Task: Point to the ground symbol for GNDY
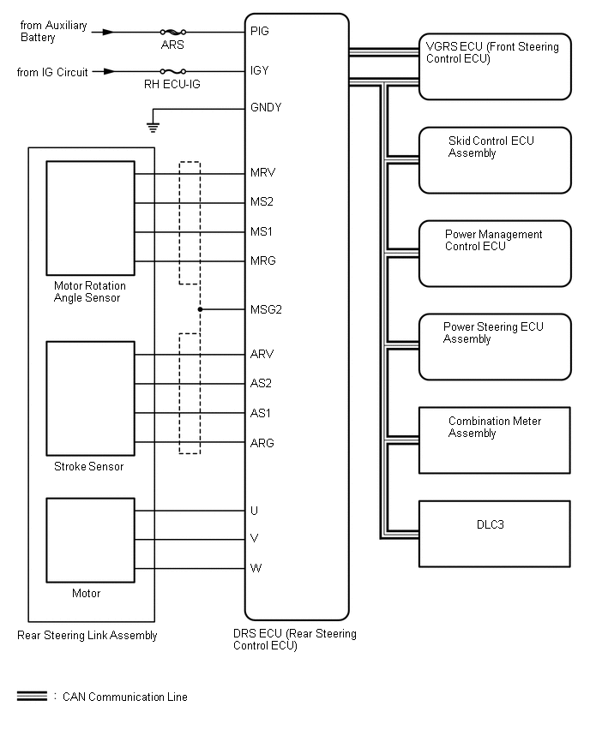pos(153,127)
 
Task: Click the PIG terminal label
pos(259,31)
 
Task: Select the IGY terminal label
pos(259,70)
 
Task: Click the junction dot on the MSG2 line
pos(200,308)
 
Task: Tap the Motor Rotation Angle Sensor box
pos(90,217)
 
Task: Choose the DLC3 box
pos(494,533)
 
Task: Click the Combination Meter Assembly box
pos(494,440)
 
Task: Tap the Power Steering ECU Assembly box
pos(494,346)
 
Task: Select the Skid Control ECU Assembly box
pos(494,160)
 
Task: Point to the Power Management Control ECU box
pos(494,253)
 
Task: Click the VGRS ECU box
pos(494,66)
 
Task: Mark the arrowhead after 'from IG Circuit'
pos(108,72)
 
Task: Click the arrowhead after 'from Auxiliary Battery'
pos(107,32)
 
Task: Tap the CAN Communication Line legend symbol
pos(33,697)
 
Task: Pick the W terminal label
pos(255,568)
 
